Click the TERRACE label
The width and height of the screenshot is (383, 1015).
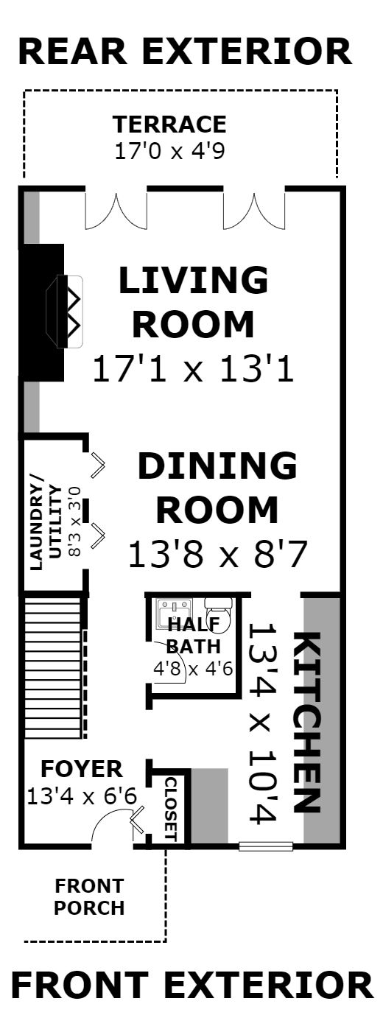169,124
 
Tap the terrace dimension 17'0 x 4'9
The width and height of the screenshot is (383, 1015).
169,151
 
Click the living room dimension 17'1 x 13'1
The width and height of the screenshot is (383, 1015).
194,368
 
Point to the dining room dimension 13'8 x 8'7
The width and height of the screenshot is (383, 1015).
218,554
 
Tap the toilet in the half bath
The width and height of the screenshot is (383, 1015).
219,615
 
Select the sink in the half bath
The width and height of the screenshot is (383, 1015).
175,614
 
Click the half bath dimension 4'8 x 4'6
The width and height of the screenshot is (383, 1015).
193,669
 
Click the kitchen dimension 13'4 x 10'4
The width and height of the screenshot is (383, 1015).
263,723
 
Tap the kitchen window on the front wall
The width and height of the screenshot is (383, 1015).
266,846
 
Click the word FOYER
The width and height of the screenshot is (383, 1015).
82,769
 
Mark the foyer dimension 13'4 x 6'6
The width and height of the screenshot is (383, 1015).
82,796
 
